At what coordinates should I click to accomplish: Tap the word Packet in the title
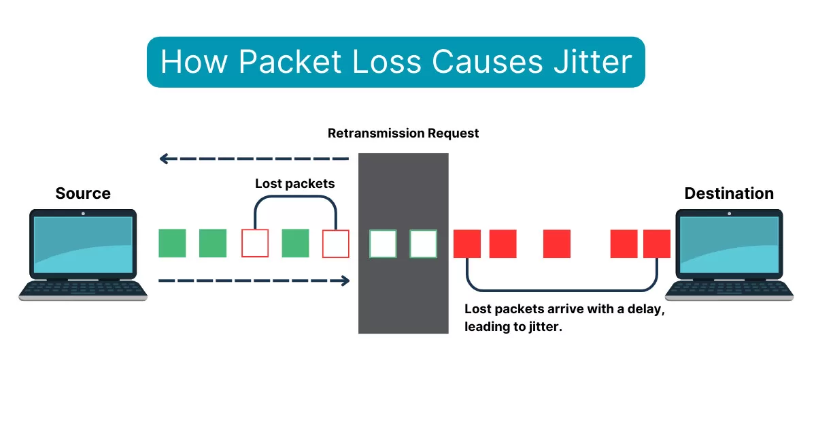tap(290, 62)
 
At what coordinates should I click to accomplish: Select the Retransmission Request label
tap(403, 133)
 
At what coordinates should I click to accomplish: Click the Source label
tap(83, 193)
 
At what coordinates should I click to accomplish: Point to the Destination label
tap(729, 193)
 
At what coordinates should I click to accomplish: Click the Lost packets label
tap(295, 184)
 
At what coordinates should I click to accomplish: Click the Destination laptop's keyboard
tap(729, 289)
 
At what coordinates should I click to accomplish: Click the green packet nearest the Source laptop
tap(172, 243)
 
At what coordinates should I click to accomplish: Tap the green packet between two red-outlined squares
tap(295, 243)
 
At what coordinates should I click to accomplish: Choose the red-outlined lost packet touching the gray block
tap(336, 243)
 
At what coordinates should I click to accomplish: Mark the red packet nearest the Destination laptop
tap(657, 244)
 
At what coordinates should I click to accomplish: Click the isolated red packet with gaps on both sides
tap(557, 244)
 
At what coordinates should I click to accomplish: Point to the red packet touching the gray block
tap(467, 244)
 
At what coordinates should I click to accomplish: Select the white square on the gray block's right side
tap(423, 244)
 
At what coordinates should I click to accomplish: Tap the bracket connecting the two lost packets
tap(295, 197)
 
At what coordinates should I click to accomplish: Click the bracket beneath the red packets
tap(562, 291)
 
